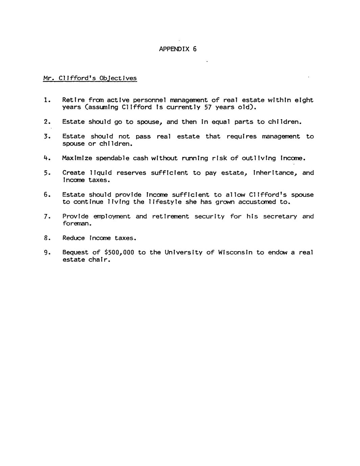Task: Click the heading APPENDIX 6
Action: [x=177, y=49]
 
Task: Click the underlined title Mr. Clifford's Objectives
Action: [x=90, y=78]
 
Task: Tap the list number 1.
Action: [x=47, y=100]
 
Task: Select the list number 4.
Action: [x=47, y=158]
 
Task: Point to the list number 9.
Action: [x=47, y=252]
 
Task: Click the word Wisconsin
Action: [x=235, y=252]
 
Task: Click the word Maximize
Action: [x=77, y=158]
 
